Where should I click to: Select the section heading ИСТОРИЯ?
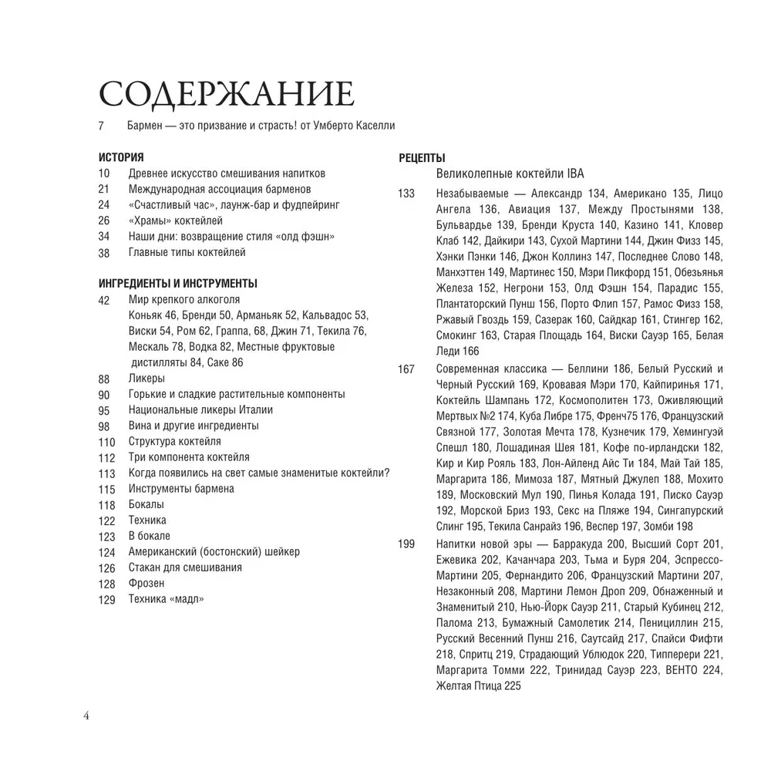pyautogui.click(x=121, y=158)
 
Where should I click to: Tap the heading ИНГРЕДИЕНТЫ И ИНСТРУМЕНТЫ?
pyautogui.click(x=178, y=284)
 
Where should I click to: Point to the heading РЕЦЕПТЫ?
pyautogui.click(x=422, y=159)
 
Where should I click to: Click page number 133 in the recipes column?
pyautogui.click(x=406, y=193)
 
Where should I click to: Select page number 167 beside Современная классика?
pyautogui.click(x=406, y=369)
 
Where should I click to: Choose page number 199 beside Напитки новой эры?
pyautogui.click(x=406, y=544)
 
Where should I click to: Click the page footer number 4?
pyautogui.click(x=86, y=715)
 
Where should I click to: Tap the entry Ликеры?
pyautogui.click(x=146, y=378)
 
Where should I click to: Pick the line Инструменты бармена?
pyautogui.click(x=181, y=488)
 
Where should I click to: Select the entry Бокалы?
pyautogui.click(x=146, y=504)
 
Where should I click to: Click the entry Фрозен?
pyautogui.click(x=146, y=583)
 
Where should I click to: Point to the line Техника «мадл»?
pyautogui.click(x=167, y=599)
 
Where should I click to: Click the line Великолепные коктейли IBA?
pyautogui.click(x=517, y=174)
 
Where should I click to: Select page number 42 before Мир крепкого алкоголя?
pyautogui.click(x=105, y=300)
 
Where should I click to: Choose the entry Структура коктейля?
pyautogui.click(x=175, y=441)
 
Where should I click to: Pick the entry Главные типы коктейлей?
pyautogui.click(x=187, y=252)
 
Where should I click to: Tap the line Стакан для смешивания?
pyautogui.click(x=185, y=567)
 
